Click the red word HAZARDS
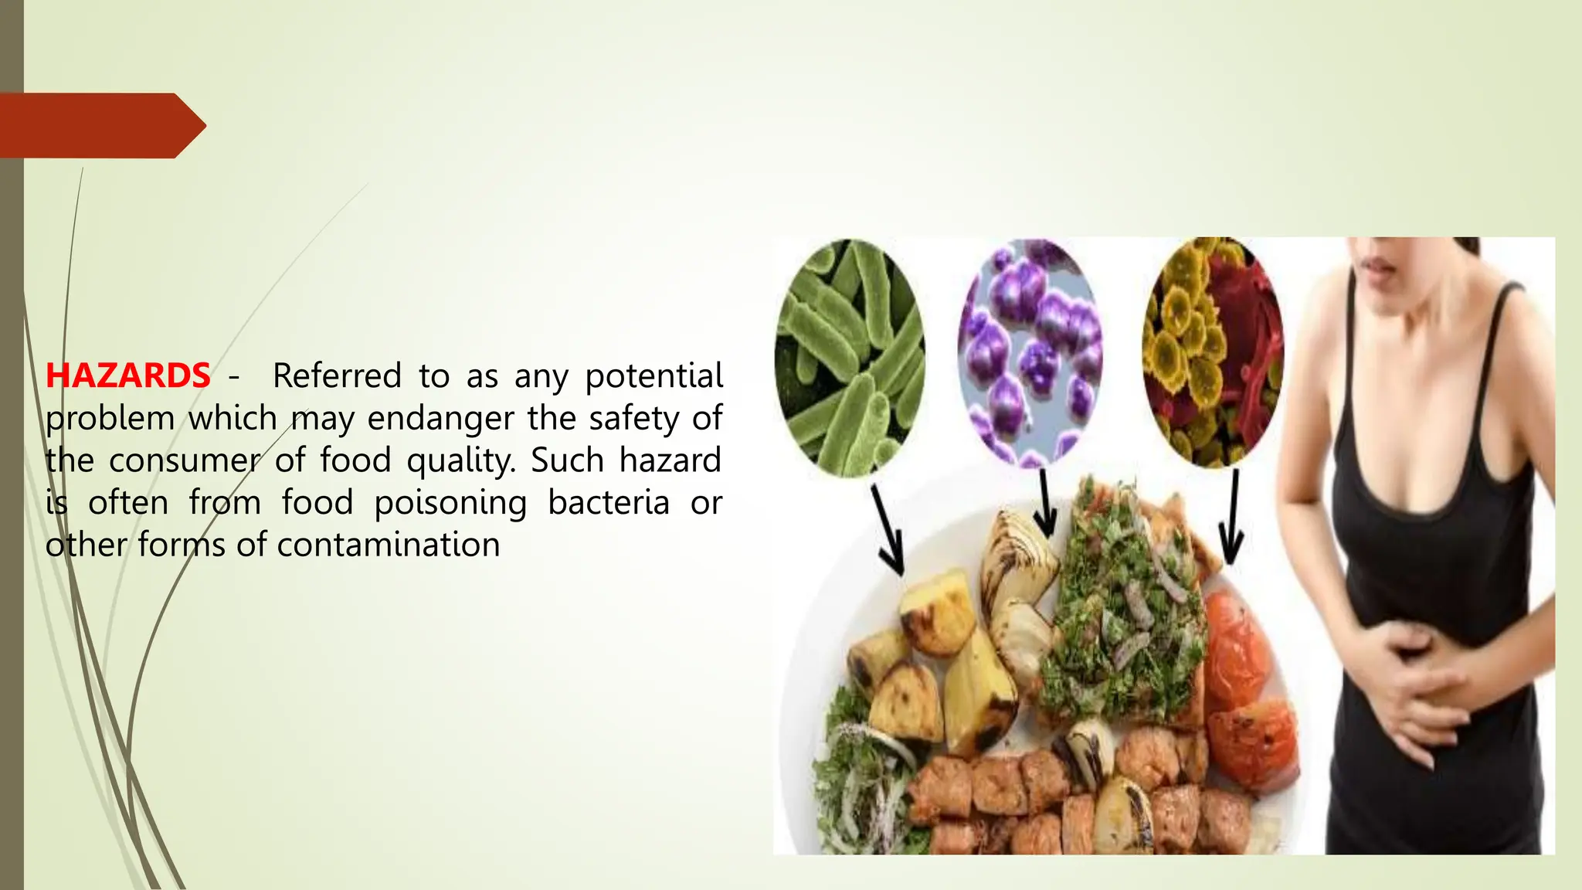127,376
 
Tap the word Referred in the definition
337,376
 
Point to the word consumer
184,461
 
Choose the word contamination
389,545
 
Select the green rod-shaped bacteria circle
849,357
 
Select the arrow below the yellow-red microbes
1231,518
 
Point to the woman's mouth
1379,267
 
